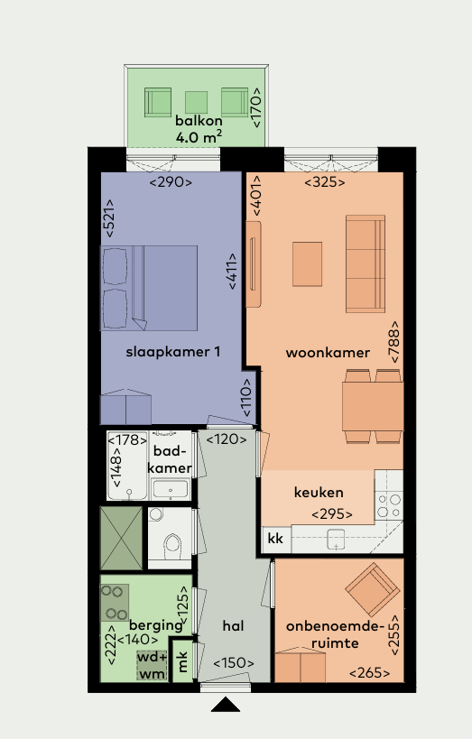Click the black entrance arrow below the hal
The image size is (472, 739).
pyautogui.click(x=226, y=704)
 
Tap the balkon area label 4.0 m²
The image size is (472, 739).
pyautogui.click(x=199, y=137)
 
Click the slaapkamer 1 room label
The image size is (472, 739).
pyautogui.click(x=173, y=352)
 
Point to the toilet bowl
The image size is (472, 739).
pyautogui.click(x=172, y=544)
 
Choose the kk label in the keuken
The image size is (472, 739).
pyautogui.click(x=275, y=538)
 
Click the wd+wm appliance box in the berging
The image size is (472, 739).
pyautogui.click(x=152, y=665)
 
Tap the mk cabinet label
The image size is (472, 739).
pyautogui.click(x=183, y=661)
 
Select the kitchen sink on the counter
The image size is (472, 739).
pyautogui.click(x=336, y=540)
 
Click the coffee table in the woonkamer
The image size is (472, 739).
pyautogui.click(x=308, y=264)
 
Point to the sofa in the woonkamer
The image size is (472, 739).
pyautogui.click(x=366, y=263)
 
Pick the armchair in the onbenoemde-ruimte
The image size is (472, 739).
pyautogui.click(x=373, y=589)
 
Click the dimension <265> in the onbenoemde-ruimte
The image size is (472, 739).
pyautogui.click(x=370, y=673)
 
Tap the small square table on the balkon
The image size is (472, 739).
pyautogui.click(x=196, y=102)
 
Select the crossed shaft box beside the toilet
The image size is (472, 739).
pyautogui.click(x=121, y=538)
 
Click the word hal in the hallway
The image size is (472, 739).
pyautogui.click(x=234, y=626)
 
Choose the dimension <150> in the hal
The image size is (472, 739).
pyautogui.click(x=234, y=663)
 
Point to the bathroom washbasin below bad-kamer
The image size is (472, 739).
pyautogui.click(x=170, y=489)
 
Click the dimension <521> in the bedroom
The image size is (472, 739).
pyautogui.click(x=109, y=218)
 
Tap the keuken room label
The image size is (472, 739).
pyautogui.click(x=319, y=493)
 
